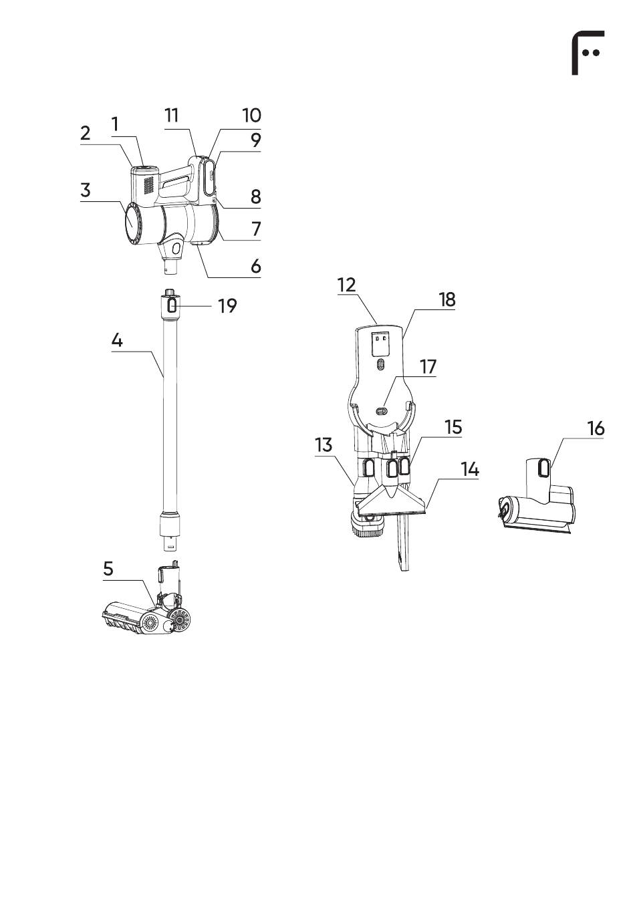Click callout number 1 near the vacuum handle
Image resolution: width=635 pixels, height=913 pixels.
coord(115,124)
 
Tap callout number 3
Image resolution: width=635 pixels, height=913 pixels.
coord(85,190)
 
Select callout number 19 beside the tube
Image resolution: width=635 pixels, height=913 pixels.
coord(227,305)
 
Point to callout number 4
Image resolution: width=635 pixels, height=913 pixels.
coord(117,340)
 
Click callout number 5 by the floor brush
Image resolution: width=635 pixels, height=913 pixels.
coord(108,569)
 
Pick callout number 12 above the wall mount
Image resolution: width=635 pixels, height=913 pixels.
coord(346,285)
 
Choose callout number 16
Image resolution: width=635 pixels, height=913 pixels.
coord(596,428)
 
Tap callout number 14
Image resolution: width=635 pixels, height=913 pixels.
coord(469,469)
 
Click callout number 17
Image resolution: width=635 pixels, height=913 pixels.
coord(428,366)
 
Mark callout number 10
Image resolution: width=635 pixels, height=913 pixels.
coord(251,116)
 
